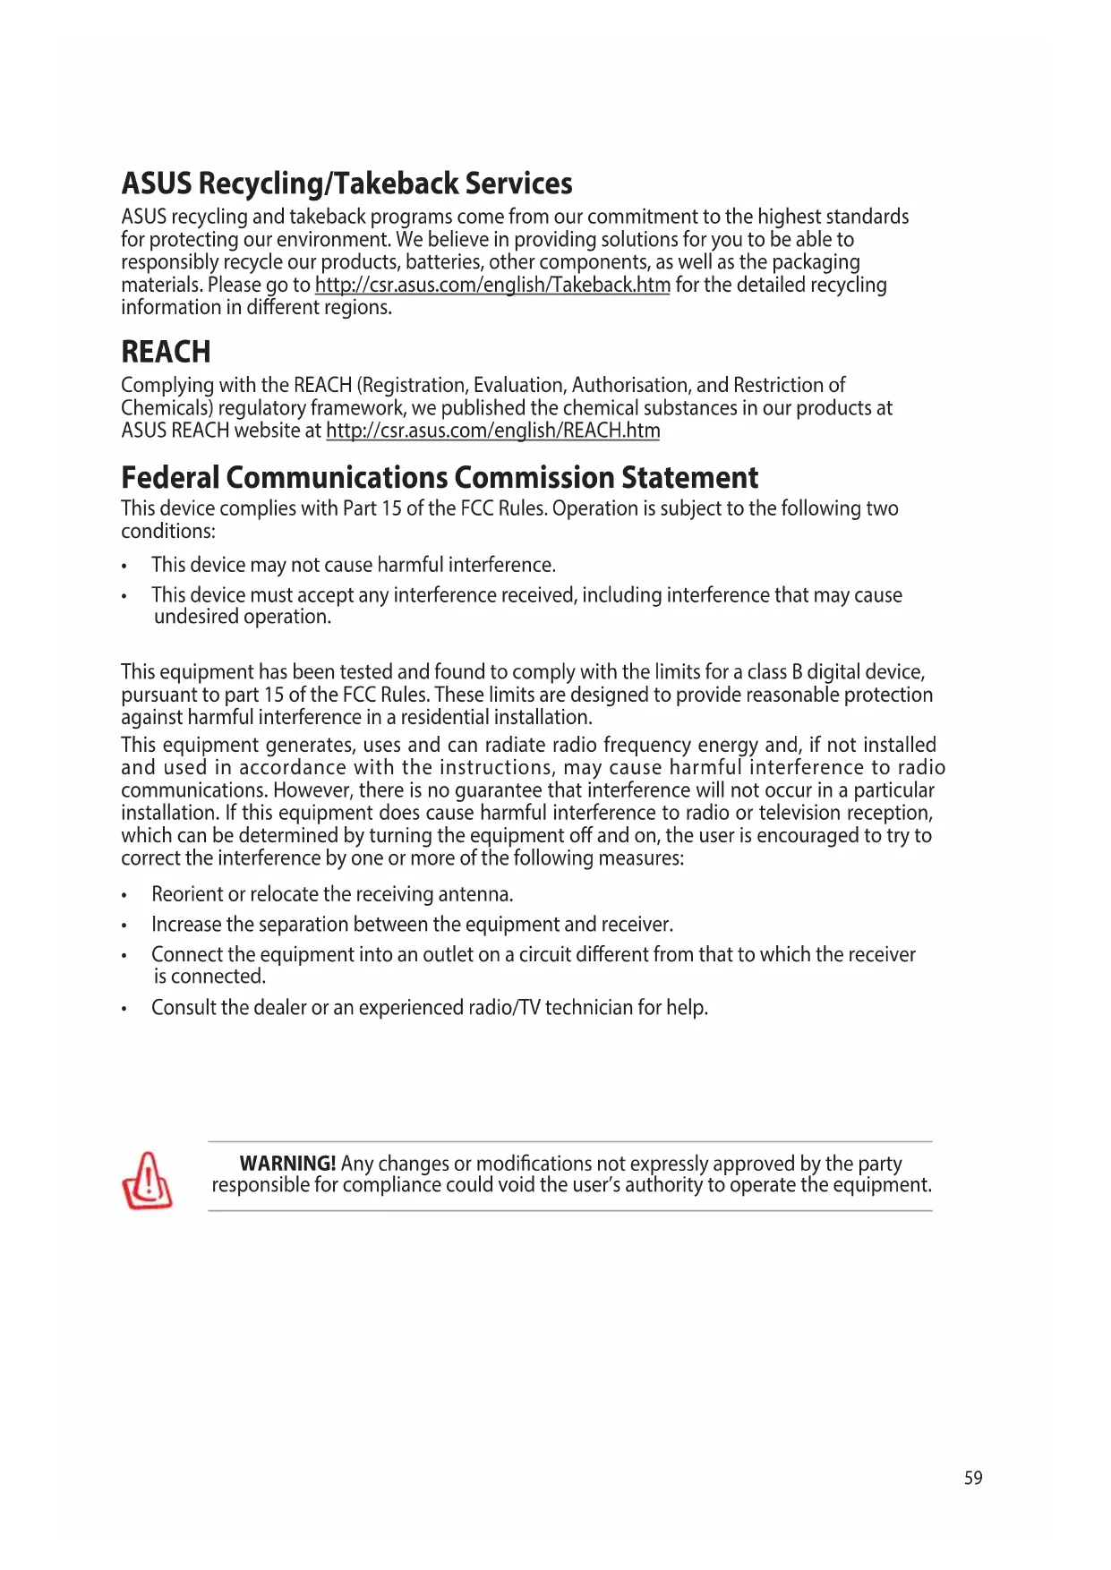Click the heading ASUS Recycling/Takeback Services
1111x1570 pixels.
click(346, 183)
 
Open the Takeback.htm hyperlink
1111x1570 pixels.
click(492, 285)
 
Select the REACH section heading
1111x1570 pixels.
click(166, 352)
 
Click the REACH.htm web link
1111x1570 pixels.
click(492, 431)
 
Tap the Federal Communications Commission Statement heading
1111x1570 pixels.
click(440, 478)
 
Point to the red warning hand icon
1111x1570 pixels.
click(147, 1181)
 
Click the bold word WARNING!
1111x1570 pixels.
click(287, 1164)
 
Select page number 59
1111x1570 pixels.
click(973, 1478)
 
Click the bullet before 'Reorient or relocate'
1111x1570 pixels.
click(125, 896)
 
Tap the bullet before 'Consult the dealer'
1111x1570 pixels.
click(125, 1009)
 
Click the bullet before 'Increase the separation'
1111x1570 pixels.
click(125, 926)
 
